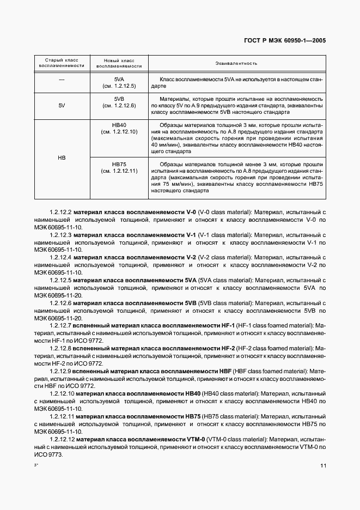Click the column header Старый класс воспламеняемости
tap(62, 63)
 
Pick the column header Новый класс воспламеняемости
tap(119, 63)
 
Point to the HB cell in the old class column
tap(62, 157)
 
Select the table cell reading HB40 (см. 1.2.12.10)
tap(119, 129)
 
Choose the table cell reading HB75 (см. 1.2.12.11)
tap(119, 167)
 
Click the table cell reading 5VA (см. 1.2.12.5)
tap(119, 83)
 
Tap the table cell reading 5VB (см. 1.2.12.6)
tap(119, 102)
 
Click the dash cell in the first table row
tap(62, 80)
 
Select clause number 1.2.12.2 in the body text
tap(60, 211)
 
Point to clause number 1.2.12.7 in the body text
tap(60, 325)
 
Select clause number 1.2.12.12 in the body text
tap(62, 439)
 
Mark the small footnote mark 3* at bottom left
tap(36, 465)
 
